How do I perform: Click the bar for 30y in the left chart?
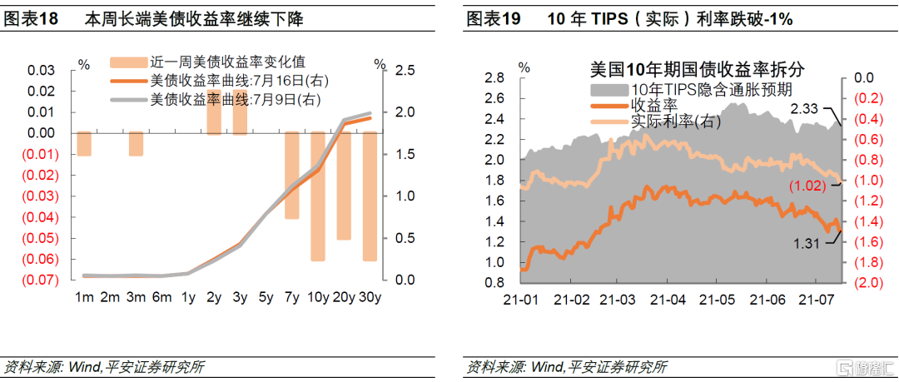tap(369, 196)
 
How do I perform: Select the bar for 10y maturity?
tap(317, 196)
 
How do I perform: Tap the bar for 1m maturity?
tap(83, 143)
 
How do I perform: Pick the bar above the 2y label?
tap(213, 112)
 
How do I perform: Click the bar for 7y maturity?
tap(291, 175)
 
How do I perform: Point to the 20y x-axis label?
tap(343, 297)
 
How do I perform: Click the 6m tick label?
tap(161, 297)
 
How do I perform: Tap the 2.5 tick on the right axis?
tap(405, 71)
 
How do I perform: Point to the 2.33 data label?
tap(806, 108)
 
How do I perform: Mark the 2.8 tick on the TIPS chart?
tap(494, 78)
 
